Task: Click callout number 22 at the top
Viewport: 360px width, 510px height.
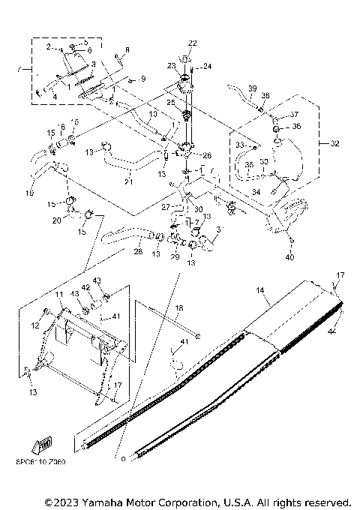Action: pyautogui.click(x=193, y=42)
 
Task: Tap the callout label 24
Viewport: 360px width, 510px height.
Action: pyautogui.click(x=207, y=66)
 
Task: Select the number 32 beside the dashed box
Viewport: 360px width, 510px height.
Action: pyautogui.click(x=334, y=142)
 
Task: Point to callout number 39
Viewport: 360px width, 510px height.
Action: pyautogui.click(x=252, y=88)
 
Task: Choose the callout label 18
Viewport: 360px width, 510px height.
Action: pyautogui.click(x=178, y=308)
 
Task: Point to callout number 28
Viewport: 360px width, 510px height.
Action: pyautogui.click(x=137, y=252)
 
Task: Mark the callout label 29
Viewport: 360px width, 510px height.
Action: pyautogui.click(x=175, y=257)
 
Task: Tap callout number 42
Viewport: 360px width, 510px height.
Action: pyautogui.click(x=85, y=286)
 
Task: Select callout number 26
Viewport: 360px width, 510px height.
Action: pyautogui.click(x=208, y=155)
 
